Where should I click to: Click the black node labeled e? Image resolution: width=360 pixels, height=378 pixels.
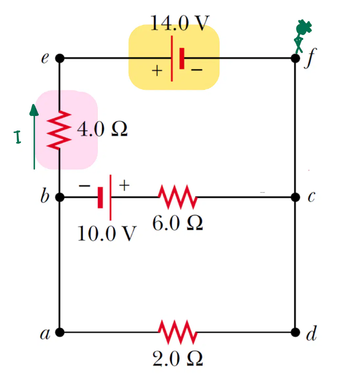60,58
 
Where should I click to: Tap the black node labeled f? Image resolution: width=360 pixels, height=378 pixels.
295,58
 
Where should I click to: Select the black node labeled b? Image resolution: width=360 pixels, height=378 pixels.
60,197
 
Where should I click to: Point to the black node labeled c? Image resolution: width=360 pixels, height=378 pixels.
295,197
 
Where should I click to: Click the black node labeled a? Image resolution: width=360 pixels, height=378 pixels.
60,332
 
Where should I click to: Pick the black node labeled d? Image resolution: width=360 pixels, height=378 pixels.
295,332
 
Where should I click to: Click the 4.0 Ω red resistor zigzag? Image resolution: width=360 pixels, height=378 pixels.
59,130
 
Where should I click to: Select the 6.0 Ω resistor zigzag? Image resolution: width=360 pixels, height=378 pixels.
178,197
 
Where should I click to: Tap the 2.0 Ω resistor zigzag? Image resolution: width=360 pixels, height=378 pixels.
178,332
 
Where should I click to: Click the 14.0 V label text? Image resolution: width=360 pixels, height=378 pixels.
180,23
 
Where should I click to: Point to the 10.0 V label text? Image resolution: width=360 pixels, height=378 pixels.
107,233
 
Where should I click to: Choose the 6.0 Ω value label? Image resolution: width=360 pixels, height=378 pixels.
178,223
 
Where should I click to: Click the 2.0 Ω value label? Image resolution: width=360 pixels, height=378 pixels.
178,358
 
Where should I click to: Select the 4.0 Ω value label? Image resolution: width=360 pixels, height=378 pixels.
102,129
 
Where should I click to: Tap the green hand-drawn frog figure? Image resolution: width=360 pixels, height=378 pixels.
302,36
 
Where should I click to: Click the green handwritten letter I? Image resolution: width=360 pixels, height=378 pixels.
17,137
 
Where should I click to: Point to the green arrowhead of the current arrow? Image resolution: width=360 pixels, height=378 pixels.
34,110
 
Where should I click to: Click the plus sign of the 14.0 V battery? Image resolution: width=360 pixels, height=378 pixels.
157,71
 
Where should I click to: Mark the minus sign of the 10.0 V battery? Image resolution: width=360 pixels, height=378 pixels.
84,185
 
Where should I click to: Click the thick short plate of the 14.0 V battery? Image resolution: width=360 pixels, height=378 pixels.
182,59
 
